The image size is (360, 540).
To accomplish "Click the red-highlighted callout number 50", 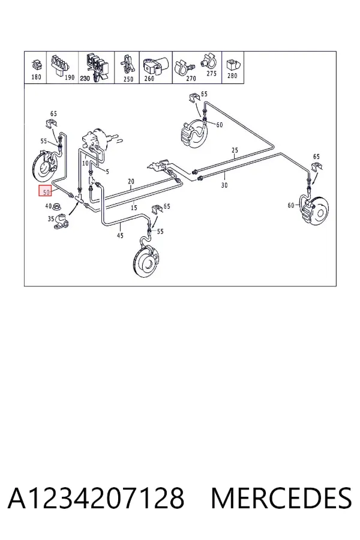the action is [46, 191].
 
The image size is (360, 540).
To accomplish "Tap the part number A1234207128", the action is [96, 497].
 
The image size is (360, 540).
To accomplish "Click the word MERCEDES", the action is [281, 497].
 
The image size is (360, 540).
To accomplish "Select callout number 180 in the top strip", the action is [36, 77].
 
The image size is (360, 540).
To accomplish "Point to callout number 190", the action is [70, 77].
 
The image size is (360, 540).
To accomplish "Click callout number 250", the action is [128, 79].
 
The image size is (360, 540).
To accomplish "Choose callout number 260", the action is [149, 79].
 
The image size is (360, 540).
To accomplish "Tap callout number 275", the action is [212, 73].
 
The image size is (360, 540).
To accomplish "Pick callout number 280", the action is [233, 75].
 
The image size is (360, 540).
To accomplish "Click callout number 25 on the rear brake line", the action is [235, 150].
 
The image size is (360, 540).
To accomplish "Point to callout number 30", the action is [224, 185].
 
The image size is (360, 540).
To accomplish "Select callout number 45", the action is [120, 236].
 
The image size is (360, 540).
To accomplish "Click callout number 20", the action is [131, 181].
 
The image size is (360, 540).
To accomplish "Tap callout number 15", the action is [134, 208].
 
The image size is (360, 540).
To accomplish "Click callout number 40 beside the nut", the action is [49, 206].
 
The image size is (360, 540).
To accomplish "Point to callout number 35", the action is [51, 218].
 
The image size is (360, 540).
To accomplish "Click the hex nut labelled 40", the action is [57, 207].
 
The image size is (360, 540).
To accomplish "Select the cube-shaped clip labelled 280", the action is [233, 64].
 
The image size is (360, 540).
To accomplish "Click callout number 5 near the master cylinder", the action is [107, 172].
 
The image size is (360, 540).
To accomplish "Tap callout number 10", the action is [85, 163].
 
